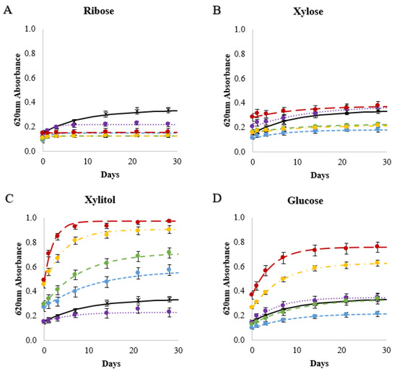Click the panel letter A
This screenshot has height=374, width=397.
coord(6,9)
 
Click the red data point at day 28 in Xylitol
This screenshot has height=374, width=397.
coord(169,221)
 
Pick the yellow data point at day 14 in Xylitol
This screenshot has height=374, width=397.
coord(106,234)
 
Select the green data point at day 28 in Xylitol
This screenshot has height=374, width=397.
coord(169,253)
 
